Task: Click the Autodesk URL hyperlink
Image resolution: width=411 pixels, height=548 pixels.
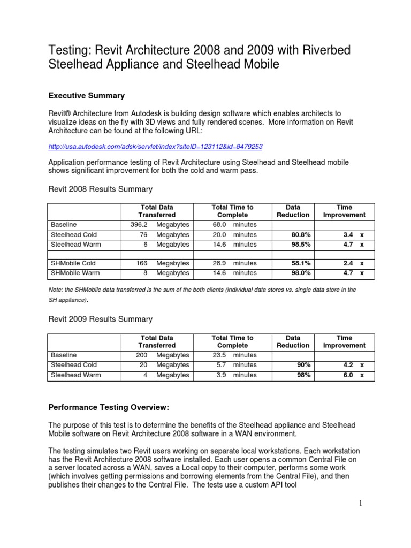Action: [155, 146]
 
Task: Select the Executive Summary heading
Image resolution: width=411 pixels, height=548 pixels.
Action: [86, 96]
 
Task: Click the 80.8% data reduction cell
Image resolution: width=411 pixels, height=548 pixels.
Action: [299, 235]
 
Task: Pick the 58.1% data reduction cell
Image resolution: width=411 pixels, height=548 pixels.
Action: [299, 263]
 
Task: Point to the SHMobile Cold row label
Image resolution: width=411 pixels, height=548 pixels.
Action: [73, 263]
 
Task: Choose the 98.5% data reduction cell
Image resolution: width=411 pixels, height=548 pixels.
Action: [299, 245]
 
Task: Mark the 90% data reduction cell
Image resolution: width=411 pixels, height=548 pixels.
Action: [302, 365]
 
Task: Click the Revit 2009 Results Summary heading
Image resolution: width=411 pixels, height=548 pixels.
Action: [100, 319]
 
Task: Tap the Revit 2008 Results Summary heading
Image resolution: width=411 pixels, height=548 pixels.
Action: [100, 189]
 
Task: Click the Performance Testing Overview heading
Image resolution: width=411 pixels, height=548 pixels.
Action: [109, 408]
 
